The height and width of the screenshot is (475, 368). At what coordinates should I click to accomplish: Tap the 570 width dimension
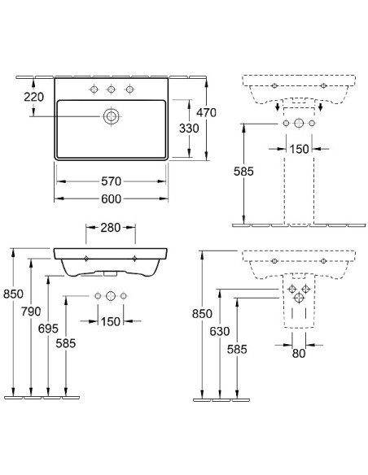pyautogui.click(x=111, y=181)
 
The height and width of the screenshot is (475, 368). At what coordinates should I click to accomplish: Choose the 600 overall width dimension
pyautogui.click(x=111, y=198)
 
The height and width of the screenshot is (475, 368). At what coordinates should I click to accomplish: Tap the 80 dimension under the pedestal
pyautogui.click(x=299, y=352)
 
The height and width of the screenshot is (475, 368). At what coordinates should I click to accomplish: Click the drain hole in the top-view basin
pyautogui.click(x=111, y=116)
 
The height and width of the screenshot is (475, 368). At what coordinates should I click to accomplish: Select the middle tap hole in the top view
pyautogui.click(x=111, y=88)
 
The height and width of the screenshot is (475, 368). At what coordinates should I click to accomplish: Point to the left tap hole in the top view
pyautogui.click(x=94, y=88)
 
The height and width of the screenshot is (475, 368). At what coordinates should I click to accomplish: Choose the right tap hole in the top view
pyautogui.click(x=128, y=88)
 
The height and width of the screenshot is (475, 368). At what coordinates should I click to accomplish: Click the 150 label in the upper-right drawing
pyautogui.click(x=299, y=149)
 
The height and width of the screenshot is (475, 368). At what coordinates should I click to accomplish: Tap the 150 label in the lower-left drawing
pyautogui.click(x=111, y=322)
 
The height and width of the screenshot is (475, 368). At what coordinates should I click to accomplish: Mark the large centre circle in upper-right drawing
pyautogui.click(x=299, y=124)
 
